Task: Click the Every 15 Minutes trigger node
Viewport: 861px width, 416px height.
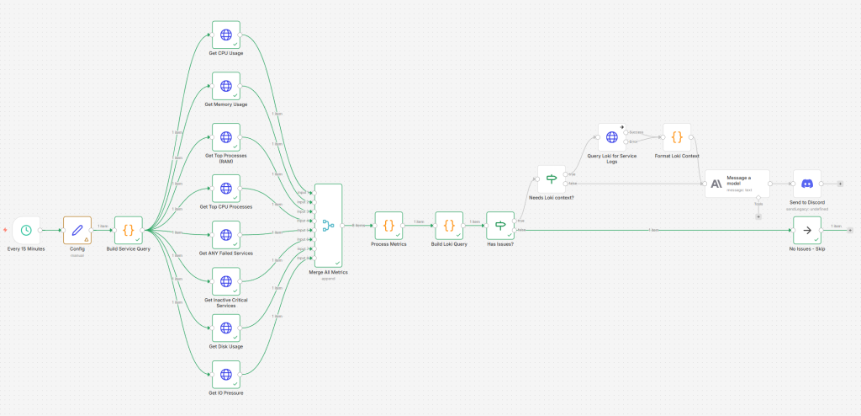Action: pyautogui.click(x=26, y=230)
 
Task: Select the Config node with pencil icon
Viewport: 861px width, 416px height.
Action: pyautogui.click(x=77, y=230)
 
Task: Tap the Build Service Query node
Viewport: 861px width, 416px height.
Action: pyautogui.click(x=129, y=230)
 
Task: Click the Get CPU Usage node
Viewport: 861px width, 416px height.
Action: pyautogui.click(x=225, y=35)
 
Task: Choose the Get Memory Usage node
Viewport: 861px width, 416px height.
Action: pyautogui.click(x=225, y=86)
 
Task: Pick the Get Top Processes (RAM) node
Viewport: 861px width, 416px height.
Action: pyautogui.click(x=225, y=137)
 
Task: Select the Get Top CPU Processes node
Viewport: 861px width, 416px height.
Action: pyautogui.click(x=225, y=189)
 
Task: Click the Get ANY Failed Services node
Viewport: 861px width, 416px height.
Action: pyautogui.click(x=225, y=235)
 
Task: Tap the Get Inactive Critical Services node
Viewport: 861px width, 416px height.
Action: pyautogui.click(x=225, y=281)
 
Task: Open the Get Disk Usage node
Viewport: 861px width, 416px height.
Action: pyautogui.click(x=225, y=328)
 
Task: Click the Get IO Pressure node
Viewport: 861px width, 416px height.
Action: pyautogui.click(x=225, y=375)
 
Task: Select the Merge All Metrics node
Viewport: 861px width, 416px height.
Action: pyautogui.click(x=328, y=225)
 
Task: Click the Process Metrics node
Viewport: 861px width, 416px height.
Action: pyautogui.click(x=388, y=225)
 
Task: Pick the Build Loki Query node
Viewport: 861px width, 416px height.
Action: pyautogui.click(x=449, y=225)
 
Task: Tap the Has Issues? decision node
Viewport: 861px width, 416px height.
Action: pyautogui.click(x=501, y=225)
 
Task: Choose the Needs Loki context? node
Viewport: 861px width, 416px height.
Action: pyautogui.click(x=552, y=179)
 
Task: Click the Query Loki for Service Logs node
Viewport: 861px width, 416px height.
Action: pyautogui.click(x=612, y=137)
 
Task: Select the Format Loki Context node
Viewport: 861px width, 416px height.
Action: pyautogui.click(x=677, y=137)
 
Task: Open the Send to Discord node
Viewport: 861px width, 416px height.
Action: pyautogui.click(x=807, y=184)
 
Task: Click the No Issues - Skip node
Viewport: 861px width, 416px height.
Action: pyautogui.click(x=807, y=230)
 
